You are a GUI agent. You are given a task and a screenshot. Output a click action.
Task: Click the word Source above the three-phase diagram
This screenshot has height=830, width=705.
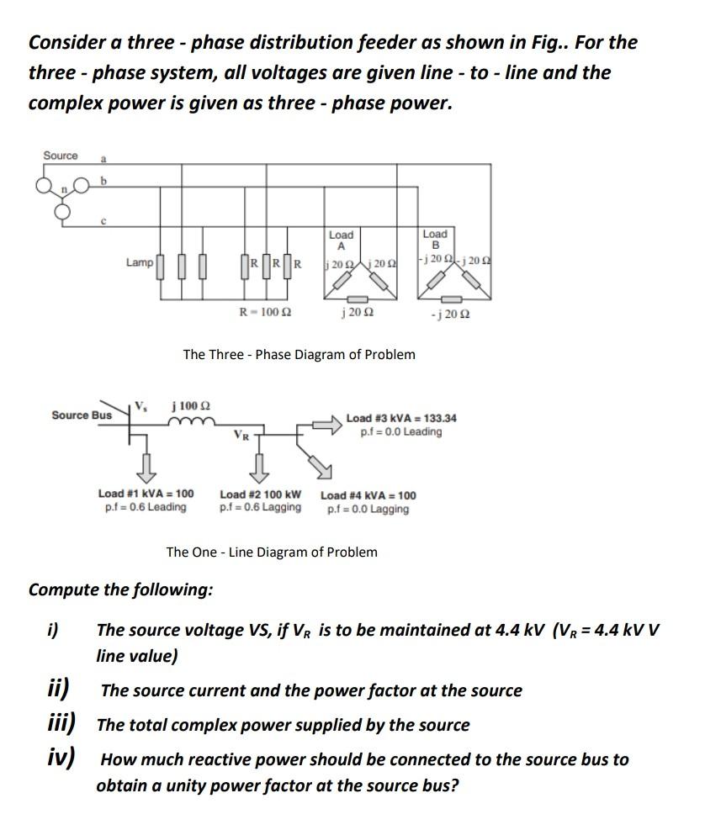61,156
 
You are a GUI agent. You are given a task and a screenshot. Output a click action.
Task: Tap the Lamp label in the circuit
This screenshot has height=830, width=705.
140,262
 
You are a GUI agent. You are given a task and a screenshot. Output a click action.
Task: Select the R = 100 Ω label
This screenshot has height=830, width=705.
265,312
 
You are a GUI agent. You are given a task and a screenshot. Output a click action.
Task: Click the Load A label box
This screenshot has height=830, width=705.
341,240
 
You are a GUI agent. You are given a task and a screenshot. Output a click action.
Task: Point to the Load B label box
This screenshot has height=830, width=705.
434,240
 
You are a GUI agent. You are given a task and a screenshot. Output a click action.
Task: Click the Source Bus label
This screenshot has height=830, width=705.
82,415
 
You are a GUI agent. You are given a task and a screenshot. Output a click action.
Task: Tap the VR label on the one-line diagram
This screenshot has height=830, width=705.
241,436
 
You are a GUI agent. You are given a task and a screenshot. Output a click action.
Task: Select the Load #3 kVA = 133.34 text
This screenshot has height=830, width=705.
401,418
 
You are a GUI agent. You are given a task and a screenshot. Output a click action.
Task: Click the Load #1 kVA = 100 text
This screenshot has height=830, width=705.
146,494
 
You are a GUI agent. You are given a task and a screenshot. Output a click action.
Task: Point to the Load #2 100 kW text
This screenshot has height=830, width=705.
260,494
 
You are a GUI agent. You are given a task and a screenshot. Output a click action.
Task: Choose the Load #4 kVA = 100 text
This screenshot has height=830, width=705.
368,495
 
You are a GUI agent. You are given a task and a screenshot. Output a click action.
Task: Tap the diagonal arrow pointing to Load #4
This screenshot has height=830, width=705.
319,461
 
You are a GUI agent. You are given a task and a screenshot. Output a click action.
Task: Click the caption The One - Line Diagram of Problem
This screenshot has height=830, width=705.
272,552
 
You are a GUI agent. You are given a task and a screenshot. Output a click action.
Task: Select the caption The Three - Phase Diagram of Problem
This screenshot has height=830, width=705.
299,354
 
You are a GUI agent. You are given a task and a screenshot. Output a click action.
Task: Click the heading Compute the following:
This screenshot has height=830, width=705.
120,589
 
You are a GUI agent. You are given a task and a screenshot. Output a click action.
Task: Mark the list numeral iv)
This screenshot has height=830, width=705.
60,758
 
